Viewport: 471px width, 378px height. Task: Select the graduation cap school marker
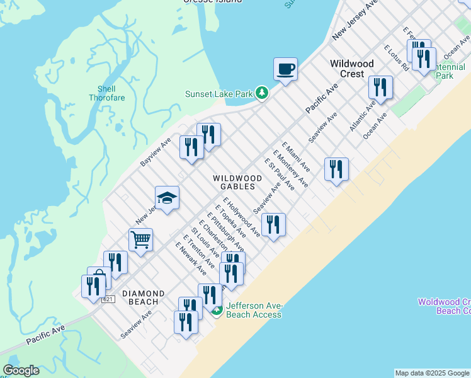167,198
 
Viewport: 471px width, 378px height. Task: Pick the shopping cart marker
140,239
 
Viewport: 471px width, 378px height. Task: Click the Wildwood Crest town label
352,69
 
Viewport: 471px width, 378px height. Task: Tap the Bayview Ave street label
156,152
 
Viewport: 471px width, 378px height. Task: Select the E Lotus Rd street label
396,58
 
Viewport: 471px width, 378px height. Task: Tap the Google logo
21,370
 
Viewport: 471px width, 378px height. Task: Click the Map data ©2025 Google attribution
432,373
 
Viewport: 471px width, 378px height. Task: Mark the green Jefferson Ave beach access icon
217,310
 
